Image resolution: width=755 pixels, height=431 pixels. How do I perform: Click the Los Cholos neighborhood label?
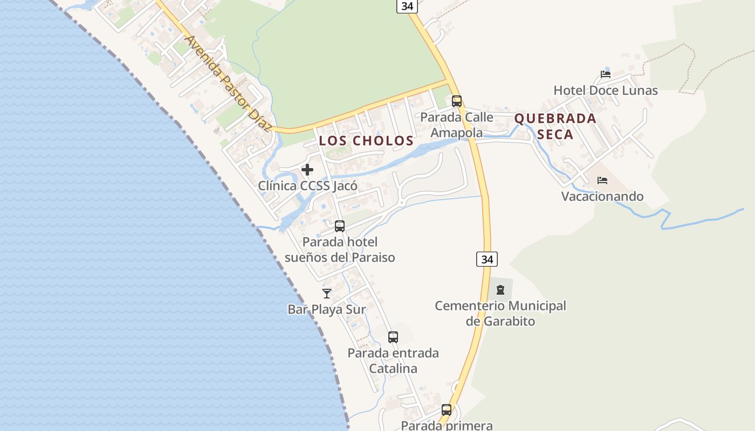point(366,141)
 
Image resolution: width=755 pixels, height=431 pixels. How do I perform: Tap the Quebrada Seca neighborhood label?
point(555,126)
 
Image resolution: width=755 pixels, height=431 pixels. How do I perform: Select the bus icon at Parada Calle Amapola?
point(457,101)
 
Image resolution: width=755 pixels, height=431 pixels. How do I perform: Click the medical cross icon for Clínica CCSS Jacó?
point(307,170)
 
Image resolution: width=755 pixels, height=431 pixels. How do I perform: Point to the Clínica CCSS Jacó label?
point(307,186)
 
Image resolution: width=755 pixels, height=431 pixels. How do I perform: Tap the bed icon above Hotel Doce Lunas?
point(606,74)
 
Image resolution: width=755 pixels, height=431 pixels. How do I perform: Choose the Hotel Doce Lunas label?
point(606,91)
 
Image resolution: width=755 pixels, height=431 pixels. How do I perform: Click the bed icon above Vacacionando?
point(602,180)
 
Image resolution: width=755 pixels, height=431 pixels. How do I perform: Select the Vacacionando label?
point(602,196)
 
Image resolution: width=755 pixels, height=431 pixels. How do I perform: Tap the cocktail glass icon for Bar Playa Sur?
point(327,294)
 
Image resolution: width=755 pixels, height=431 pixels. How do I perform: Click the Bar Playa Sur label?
point(327,309)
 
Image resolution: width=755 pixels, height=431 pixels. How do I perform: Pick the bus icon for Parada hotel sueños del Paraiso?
point(340,226)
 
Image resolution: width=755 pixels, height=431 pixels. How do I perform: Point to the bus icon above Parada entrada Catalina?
point(393,337)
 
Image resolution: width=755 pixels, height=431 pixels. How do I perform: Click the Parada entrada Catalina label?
point(393,361)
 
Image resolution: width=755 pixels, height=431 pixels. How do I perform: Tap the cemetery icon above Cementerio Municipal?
point(500,290)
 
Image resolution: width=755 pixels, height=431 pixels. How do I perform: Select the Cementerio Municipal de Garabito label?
point(500,314)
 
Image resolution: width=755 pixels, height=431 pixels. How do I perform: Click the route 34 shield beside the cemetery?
point(487,259)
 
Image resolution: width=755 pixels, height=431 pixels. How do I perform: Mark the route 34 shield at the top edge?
point(407,6)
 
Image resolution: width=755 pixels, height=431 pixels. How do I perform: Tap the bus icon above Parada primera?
point(447,409)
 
